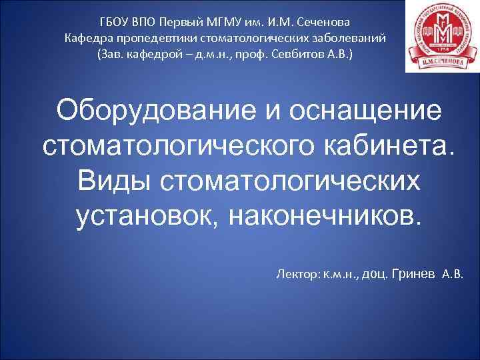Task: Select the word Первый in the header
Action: pos(183,19)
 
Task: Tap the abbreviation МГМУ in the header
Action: pos(229,19)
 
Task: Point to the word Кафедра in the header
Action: pos(86,36)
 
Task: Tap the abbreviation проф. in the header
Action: pos(257,53)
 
